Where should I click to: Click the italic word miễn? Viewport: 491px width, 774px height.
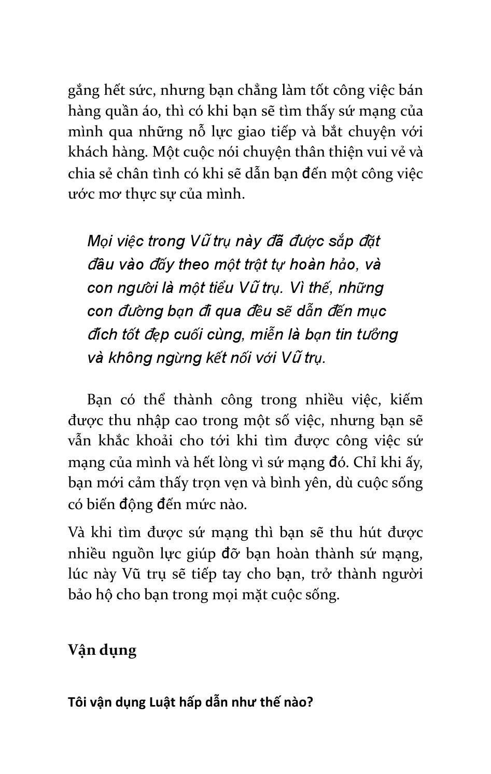pos(266,335)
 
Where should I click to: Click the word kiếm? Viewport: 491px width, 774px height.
pos(406,400)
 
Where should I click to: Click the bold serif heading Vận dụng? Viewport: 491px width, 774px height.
pos(102,650)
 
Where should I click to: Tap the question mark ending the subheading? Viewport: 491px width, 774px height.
pos(310,702)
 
